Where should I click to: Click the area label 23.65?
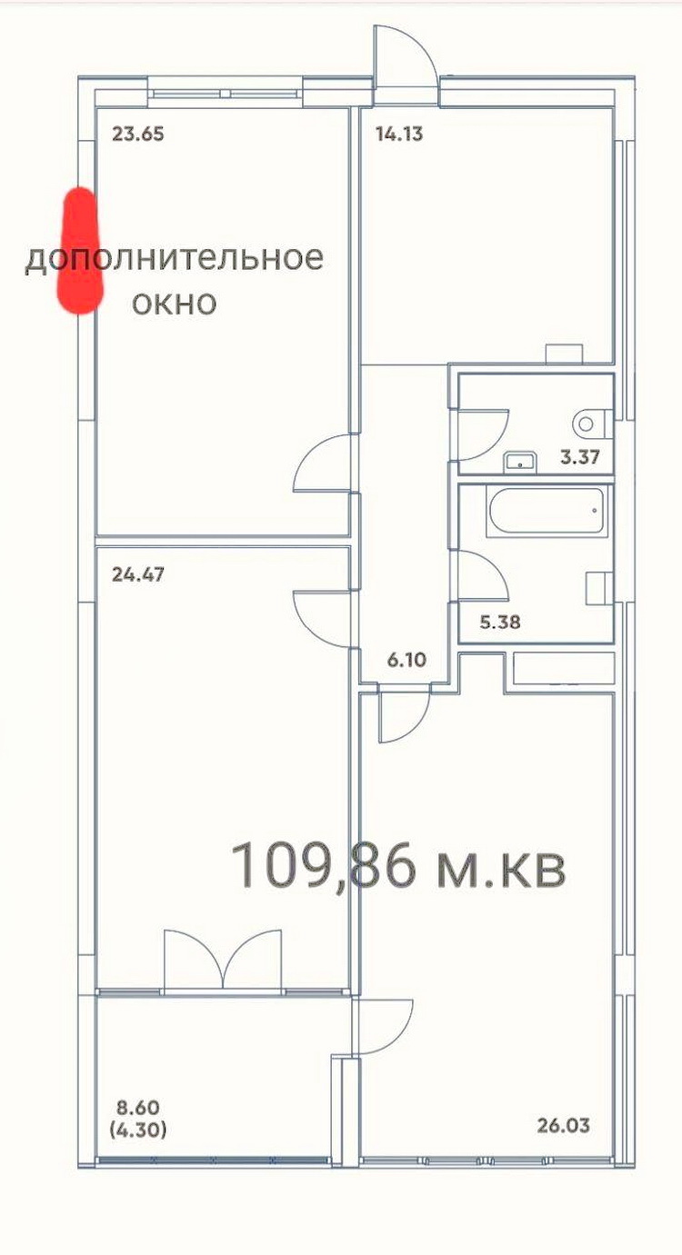click(138, 134)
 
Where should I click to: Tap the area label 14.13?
click(399, 134)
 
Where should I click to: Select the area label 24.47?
click(138, 575)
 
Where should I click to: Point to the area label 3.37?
click(580, 457)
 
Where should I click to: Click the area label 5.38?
click(500, 622)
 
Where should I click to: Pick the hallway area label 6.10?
click(406, 660)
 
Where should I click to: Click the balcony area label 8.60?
click(138, 1108)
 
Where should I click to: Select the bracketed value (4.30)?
click(138, 1130)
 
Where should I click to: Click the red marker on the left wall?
click(81, 251)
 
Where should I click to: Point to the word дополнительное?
click(175, 259)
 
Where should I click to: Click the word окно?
click(174, 304)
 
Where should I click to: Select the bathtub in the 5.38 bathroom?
click(547, 513)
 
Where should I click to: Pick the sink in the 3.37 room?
click(521, 462)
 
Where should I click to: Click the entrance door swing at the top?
click(406, 65)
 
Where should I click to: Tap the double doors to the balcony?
click(223, 959)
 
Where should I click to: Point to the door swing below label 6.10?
click(404, 715)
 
